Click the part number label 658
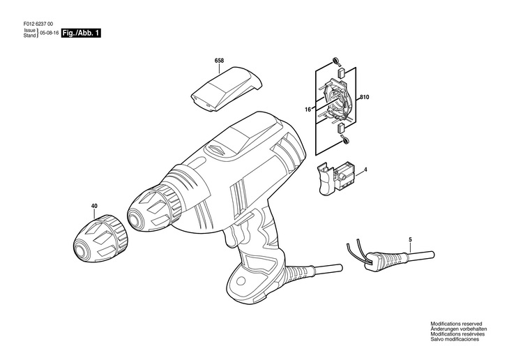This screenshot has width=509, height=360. pyautogui.click(x=219, y=61)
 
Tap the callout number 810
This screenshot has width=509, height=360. pyautogui.click(x=364, y=97)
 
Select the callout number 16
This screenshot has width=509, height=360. pyautogui.click(x=307, y=110)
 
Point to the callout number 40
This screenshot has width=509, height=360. pyautogui.click(x=94, y=206)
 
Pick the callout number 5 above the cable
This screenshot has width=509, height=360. pyautogui.click(x=411, y=240)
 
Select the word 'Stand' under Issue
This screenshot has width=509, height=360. pyautogui.click(x=29, y=36)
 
